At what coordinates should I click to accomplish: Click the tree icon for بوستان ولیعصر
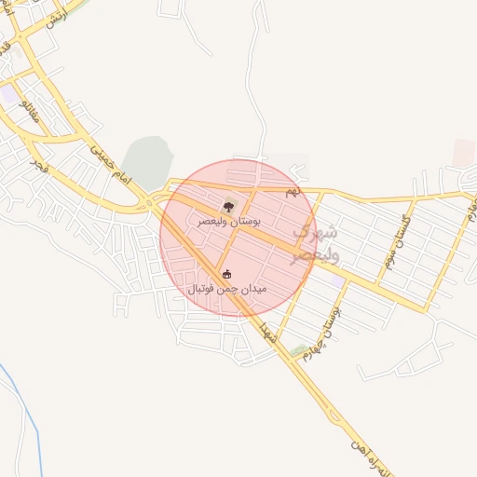[x=229, y=206]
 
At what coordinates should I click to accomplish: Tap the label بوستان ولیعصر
[x=229, y=222]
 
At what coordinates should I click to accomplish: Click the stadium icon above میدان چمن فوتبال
[x=227, y=274]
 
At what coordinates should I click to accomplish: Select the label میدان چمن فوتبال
[x=228, y=289]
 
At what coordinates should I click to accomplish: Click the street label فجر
[x=37, y=166]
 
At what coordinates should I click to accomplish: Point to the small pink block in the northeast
[x=463, y=153]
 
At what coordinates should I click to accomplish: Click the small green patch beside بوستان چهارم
[x=298, y=351]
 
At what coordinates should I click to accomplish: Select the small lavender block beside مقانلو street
[x=8, y=94]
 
